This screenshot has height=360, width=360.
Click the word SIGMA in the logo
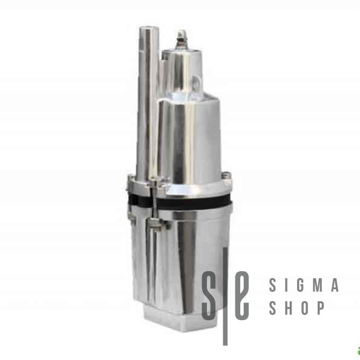[x=304, y=285]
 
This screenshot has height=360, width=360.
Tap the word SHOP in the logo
[x=296, y=307]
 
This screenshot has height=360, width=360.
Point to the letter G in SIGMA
[x=301, y=285]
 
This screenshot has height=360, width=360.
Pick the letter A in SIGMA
[x=335, y=285]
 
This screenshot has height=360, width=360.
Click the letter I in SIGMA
[x=287, y=285]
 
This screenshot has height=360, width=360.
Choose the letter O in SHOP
[x=306, y=307]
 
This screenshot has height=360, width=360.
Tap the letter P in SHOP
[x=321, y=307]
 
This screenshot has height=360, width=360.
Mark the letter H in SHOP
[x=289, y=307]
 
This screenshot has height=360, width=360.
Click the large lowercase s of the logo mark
[x=209, y=295]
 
